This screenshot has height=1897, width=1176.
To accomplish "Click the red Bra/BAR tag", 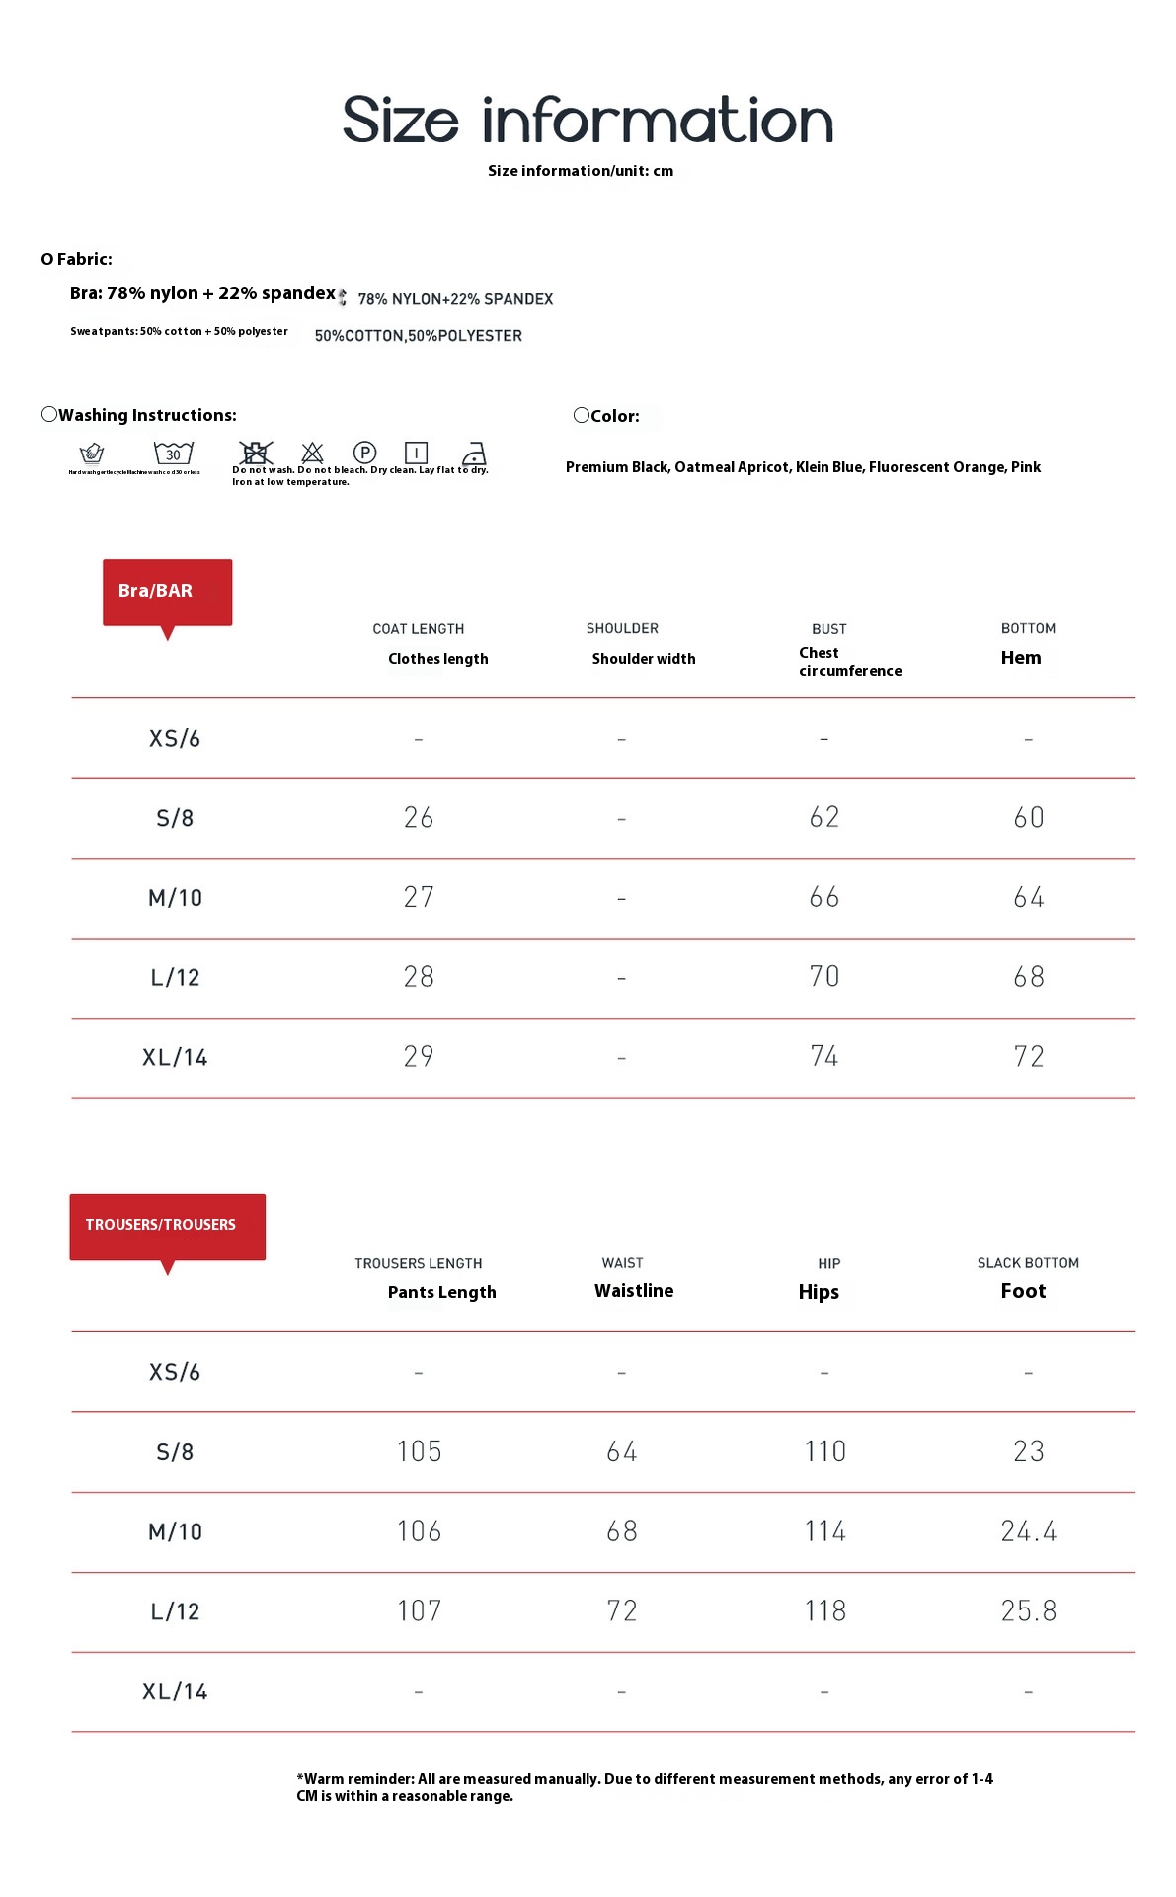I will [167, 591].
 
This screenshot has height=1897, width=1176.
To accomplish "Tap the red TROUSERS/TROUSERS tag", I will [167, 1225].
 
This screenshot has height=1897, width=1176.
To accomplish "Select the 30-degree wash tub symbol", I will [173, 454].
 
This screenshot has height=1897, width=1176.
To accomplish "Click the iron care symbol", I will [475, 453].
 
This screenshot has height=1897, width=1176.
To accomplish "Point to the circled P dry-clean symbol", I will [364, 453].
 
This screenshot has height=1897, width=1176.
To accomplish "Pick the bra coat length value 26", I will [419, 818].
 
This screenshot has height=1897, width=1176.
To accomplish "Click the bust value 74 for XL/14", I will [824, 1057].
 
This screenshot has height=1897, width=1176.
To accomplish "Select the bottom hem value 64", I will [1028, 897].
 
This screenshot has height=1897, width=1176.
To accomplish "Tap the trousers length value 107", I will [419, 1611].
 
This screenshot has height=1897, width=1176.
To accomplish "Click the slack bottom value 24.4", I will [1028, 1531].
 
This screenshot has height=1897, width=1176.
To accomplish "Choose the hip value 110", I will [824, 1451].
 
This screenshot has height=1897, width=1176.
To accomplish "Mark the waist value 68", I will [622, 1531].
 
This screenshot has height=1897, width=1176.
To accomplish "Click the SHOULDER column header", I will [622, 628].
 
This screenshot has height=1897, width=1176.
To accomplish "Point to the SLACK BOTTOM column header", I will [1028, 1263].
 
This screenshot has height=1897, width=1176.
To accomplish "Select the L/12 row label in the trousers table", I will [175, 1611].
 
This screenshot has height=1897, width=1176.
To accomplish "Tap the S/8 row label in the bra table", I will [175, 818].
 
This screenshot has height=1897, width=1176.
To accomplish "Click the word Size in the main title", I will [400, 121].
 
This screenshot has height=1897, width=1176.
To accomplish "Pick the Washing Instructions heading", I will [147, 415].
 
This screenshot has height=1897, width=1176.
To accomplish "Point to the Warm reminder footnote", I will [644, 1787].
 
